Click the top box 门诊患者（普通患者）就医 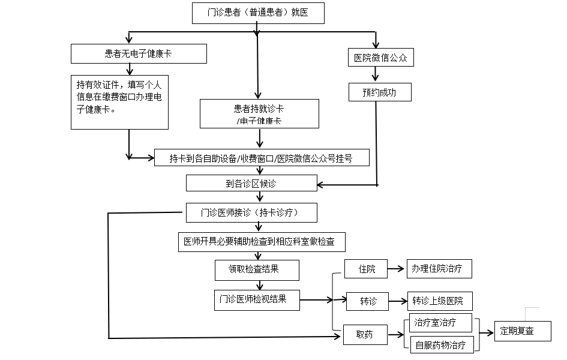click(258, 13)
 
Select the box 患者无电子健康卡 click(139, 54)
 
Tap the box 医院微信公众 click(380, 58)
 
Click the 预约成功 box click(380, 92)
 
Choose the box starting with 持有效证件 click(119, 101)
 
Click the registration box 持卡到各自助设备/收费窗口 click(261, 158)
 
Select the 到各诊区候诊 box click(251, 183)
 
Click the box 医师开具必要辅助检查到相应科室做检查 click(262, 242)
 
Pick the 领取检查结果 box click(256, 269)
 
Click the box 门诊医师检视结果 click(257, 299)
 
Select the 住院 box click(367, 269)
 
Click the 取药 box click(364, 335)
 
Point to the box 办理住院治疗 click(439, 269)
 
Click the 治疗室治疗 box click(440, 322)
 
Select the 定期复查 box click(522, 331)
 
